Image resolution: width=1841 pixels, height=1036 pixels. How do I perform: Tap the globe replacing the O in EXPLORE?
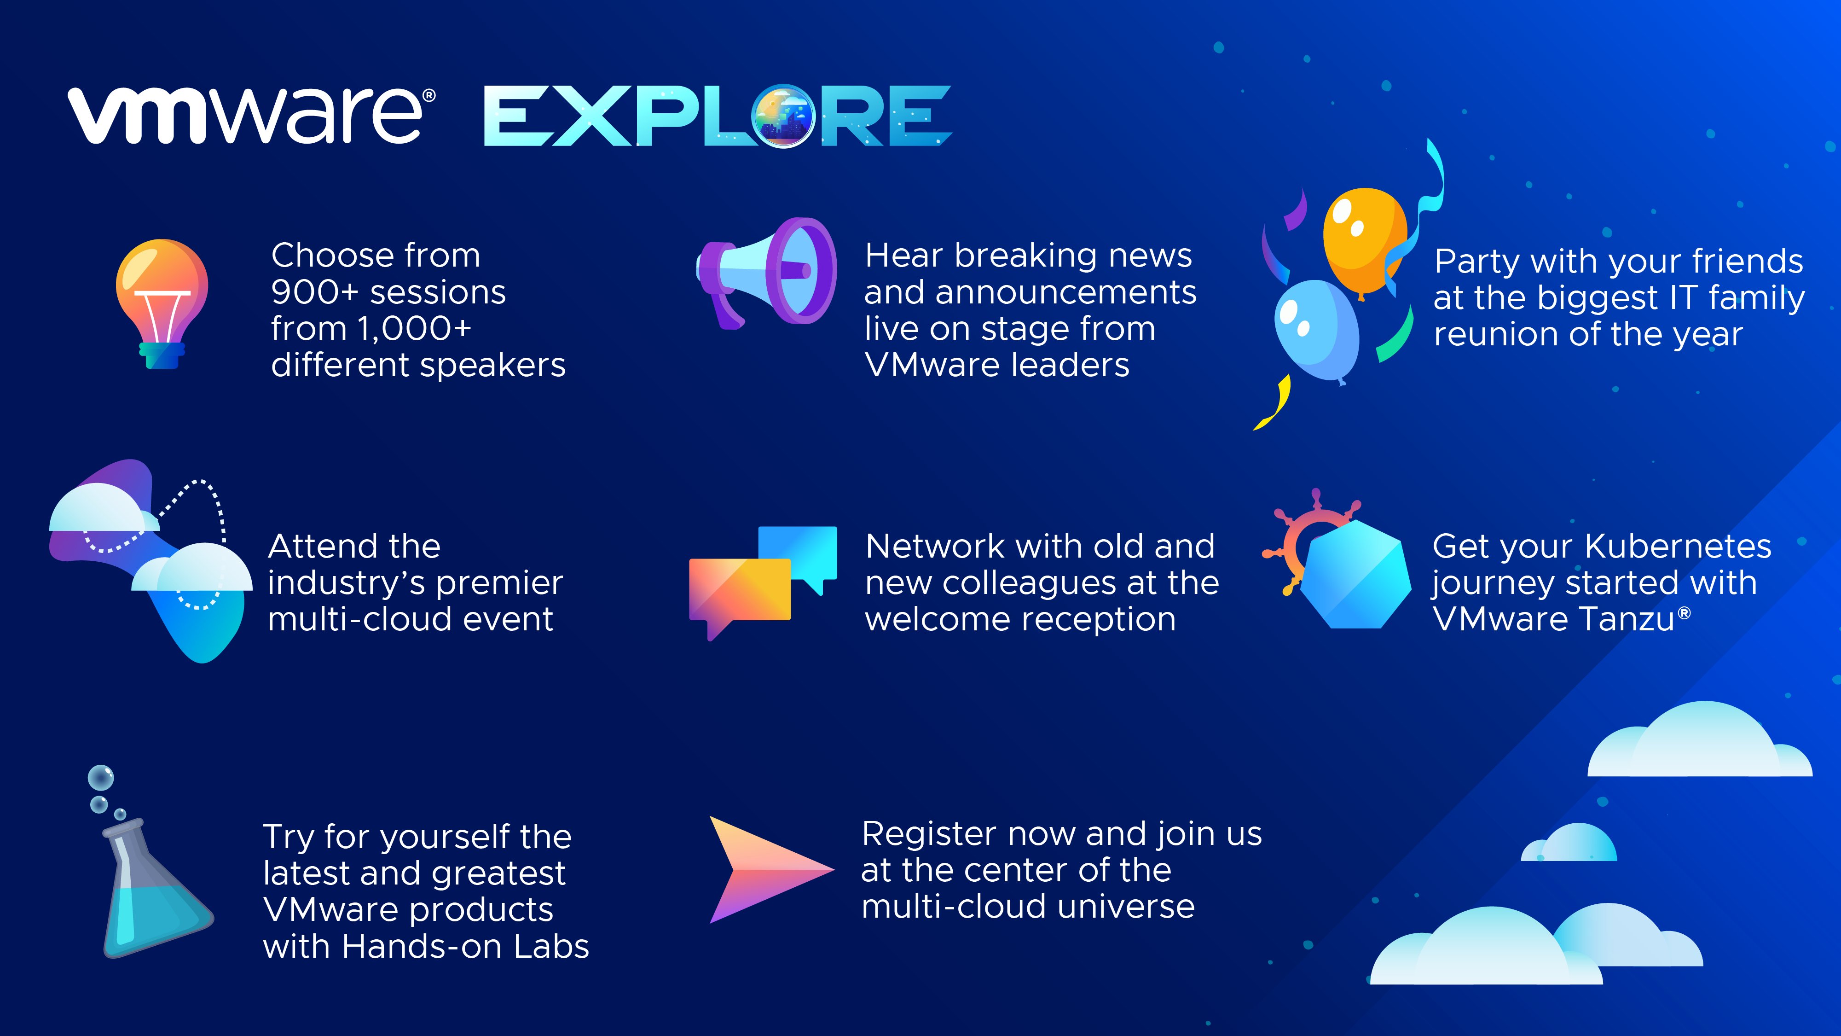(x=784, y=116)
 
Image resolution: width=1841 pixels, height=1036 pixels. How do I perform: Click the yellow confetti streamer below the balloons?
(x=1273, y=402)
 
